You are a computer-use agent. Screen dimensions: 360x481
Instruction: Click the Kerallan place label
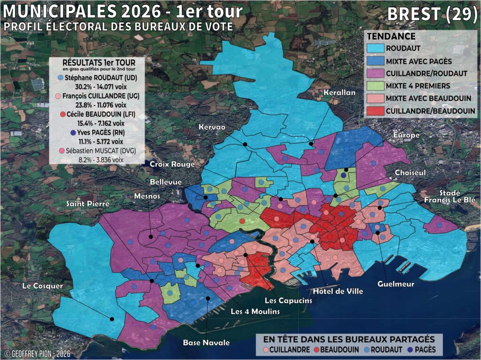[340, 93]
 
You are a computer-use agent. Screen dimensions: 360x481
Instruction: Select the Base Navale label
[206, 343]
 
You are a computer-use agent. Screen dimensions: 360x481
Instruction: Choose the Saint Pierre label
[88, 203]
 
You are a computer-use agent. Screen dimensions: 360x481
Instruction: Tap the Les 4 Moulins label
[255, 312]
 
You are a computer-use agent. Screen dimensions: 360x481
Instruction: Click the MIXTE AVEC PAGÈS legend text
[412, 61]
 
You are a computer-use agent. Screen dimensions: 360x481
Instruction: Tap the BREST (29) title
[432, 14]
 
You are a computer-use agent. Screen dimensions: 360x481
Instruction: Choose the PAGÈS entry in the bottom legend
[426, 350]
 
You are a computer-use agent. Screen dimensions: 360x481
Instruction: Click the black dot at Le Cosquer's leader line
[112, 319]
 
